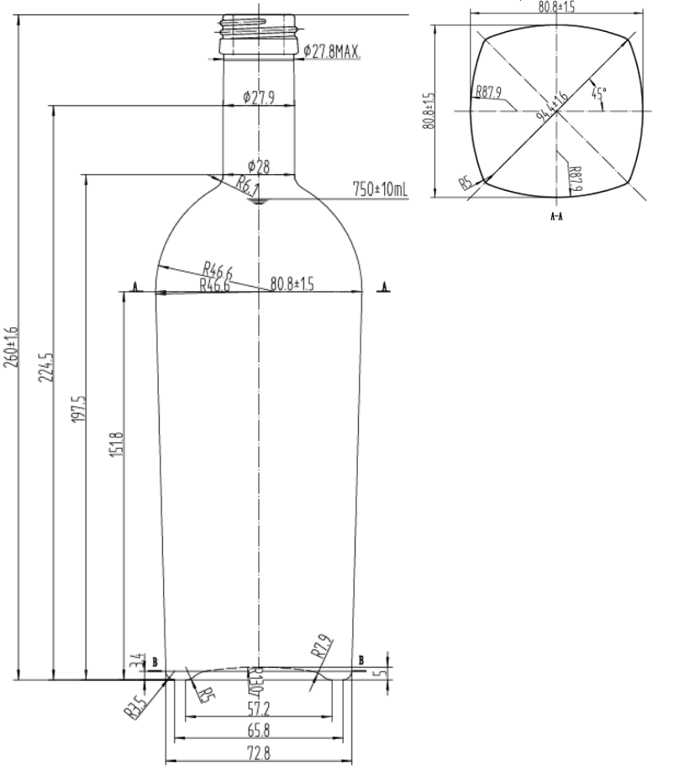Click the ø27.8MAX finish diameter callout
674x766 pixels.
point(330,52)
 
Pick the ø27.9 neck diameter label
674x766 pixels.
point(258,98)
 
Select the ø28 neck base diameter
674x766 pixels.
point(258,166)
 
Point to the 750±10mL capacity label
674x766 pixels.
point(379,190)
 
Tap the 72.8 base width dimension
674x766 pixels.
point(258,753)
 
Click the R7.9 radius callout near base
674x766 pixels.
point(320,646)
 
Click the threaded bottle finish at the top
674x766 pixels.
point(258,34)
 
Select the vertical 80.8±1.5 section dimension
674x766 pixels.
point(429,110)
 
